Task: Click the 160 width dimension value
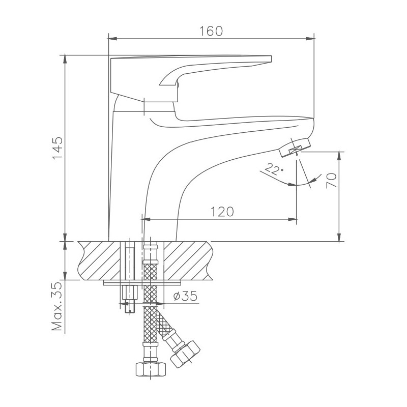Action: [211, 31]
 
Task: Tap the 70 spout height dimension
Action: [331, 181]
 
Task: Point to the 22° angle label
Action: [274, 169]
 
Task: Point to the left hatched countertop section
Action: [99, 260]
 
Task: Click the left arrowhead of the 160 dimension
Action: [113, 38]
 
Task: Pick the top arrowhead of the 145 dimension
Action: [65, 58]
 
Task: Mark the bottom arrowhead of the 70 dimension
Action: [339, 237]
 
